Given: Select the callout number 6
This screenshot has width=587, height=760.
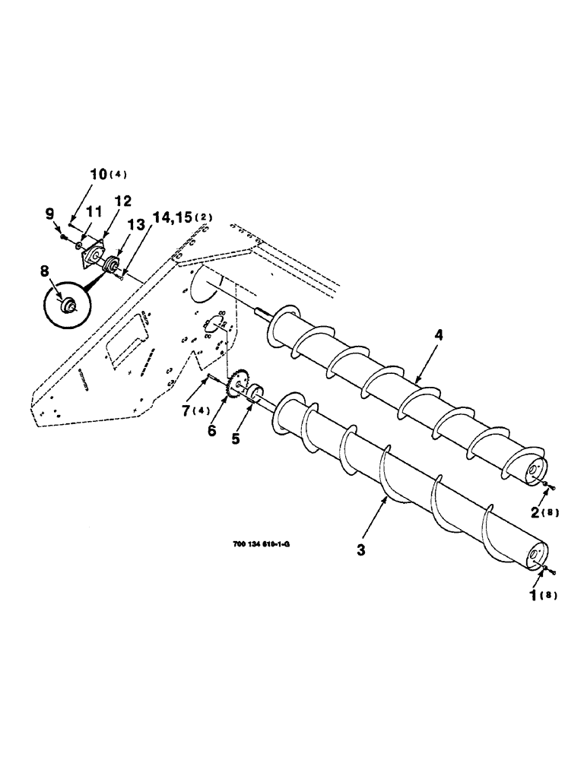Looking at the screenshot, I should pos(212,430).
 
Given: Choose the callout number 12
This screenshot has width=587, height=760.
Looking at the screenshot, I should pos(123,201).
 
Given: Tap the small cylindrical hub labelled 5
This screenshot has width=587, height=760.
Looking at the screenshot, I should pos(252,392).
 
